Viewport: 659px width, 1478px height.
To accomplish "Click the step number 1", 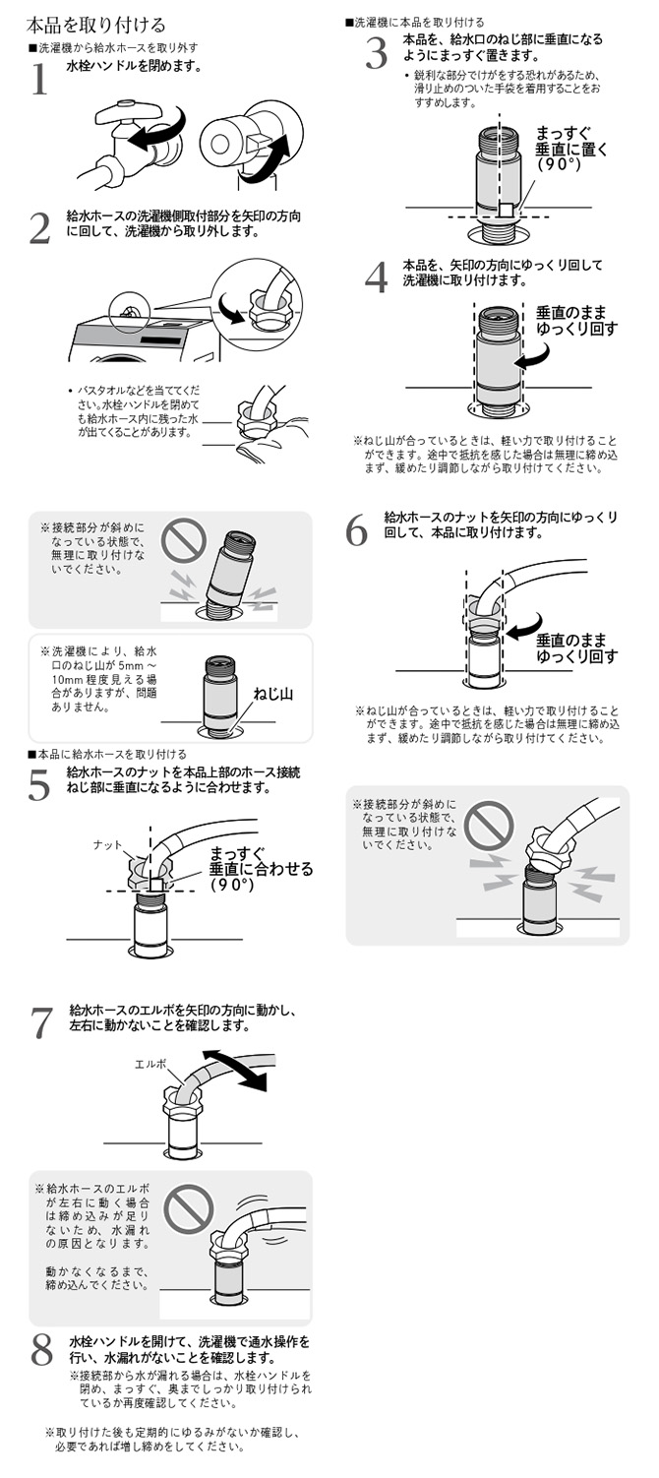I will click(39, 80).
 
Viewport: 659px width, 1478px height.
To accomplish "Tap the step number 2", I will click(39, 228).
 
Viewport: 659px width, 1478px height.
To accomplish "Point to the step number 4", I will click(376, 278).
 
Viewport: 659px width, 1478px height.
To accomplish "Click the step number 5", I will click(39, 784).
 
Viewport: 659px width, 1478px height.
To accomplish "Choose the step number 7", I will click(40, 1022).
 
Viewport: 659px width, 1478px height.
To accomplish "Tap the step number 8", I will click(40, 1350).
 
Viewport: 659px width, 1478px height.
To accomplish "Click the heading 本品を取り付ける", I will click(95, 25).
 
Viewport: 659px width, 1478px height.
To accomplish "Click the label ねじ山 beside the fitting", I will click(274, 693).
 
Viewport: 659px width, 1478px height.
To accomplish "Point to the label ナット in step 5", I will click(107, 844).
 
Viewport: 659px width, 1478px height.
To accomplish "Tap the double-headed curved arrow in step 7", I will click(242, 1070).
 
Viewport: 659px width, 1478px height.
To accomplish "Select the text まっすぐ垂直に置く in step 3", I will click(571, 149).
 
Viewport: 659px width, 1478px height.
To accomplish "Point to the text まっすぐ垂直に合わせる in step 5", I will click(261, 868).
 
